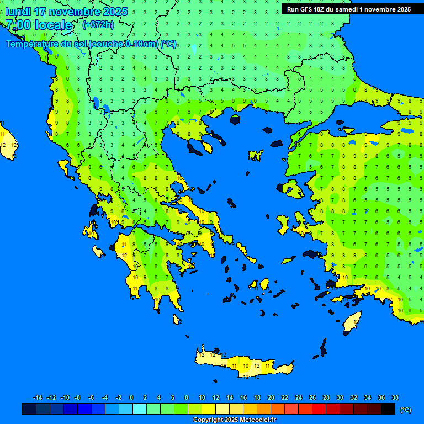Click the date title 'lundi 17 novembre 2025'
[66, 12]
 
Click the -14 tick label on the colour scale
[38, 397]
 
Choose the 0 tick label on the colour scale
[131, 397]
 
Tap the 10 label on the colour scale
[202, 397]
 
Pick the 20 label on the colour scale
[271, 397]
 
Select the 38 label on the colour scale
[395, 397]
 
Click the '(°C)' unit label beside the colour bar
[406, 410]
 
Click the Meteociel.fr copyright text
[234, 420]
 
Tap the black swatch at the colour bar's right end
[388, 409]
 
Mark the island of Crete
[243, 364]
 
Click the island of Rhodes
[352, 321]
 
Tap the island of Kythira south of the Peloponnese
[177, 319]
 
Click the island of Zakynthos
[98, 252]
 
